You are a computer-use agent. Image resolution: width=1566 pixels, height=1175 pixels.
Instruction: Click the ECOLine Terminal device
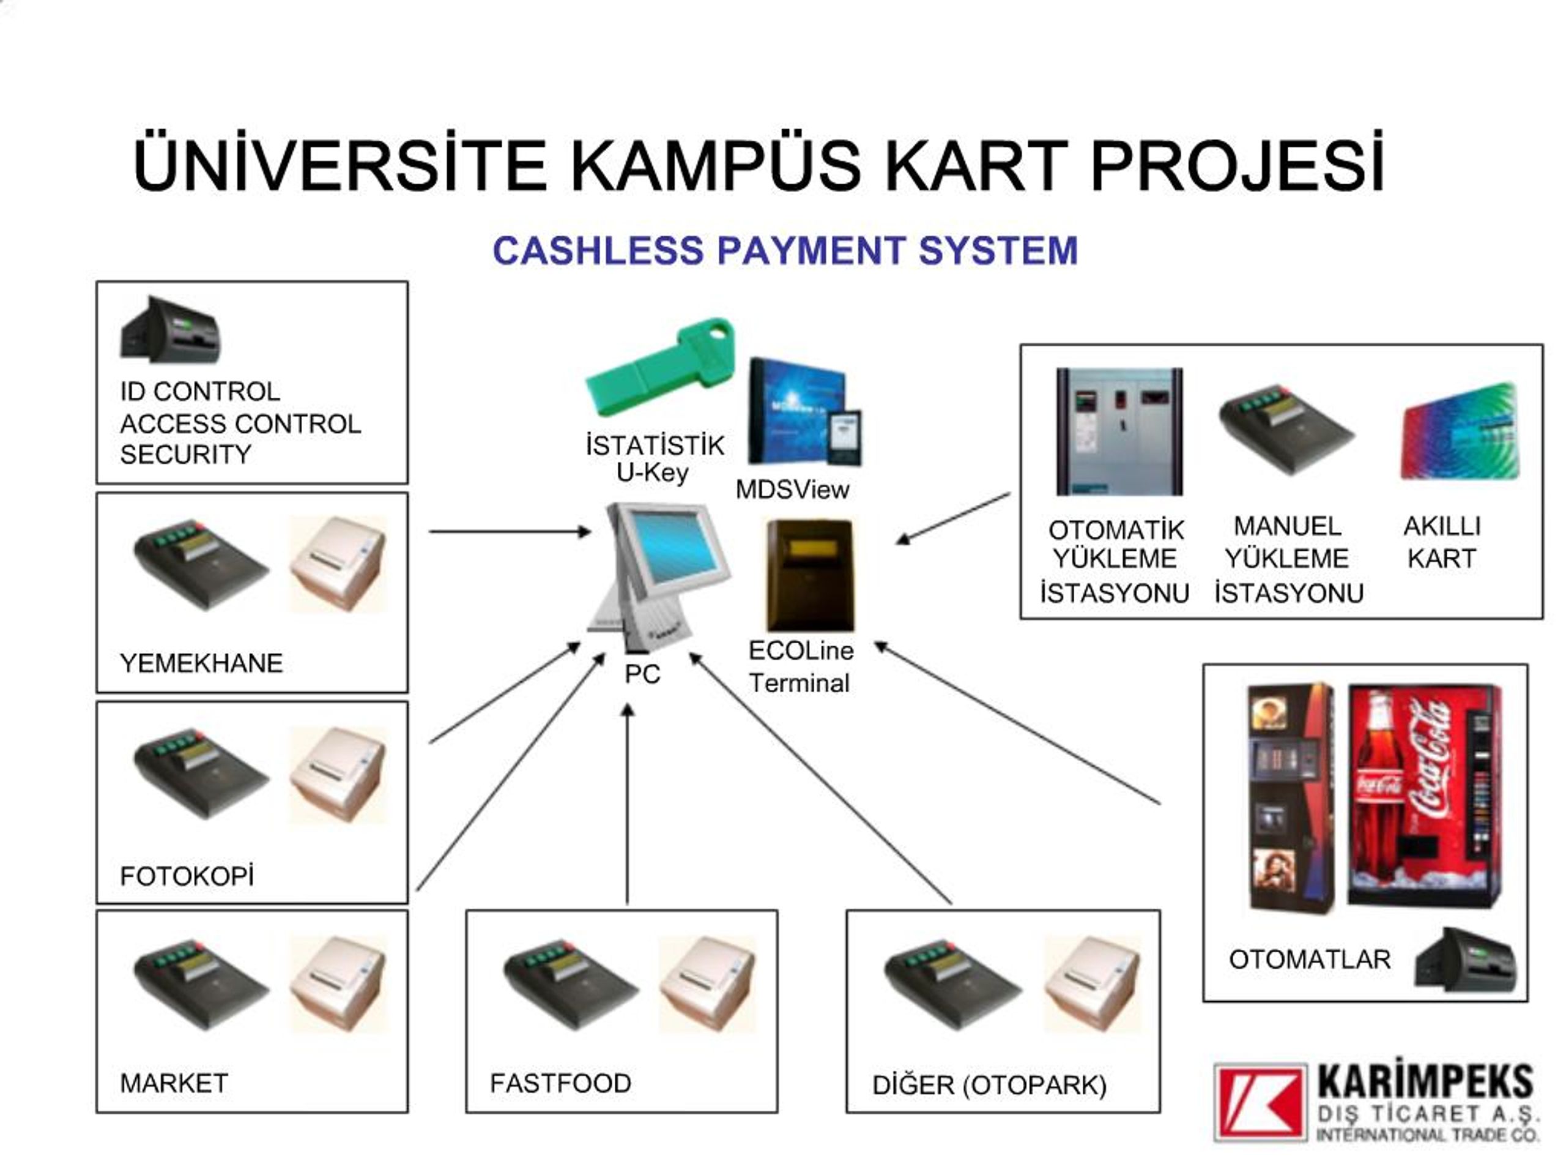pos(811,573)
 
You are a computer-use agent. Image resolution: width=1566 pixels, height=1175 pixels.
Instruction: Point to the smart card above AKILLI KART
pos(1460,432)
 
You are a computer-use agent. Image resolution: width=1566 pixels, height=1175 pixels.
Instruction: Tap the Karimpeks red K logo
pos(1260,1102)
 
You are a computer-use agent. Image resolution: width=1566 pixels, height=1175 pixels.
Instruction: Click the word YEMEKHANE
pos(201,663)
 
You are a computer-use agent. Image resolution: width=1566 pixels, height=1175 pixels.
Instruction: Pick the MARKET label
pos(174,1083)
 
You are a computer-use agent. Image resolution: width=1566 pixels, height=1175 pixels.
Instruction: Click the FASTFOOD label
pos(560,1083)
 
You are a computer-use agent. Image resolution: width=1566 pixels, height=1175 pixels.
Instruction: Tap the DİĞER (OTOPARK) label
pos(989,1085)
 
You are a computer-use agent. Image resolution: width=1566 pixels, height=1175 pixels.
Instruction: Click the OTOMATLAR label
pos(1309,960)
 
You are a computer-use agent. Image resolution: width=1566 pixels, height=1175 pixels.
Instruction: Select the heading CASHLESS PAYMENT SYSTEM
pos(785,251)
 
